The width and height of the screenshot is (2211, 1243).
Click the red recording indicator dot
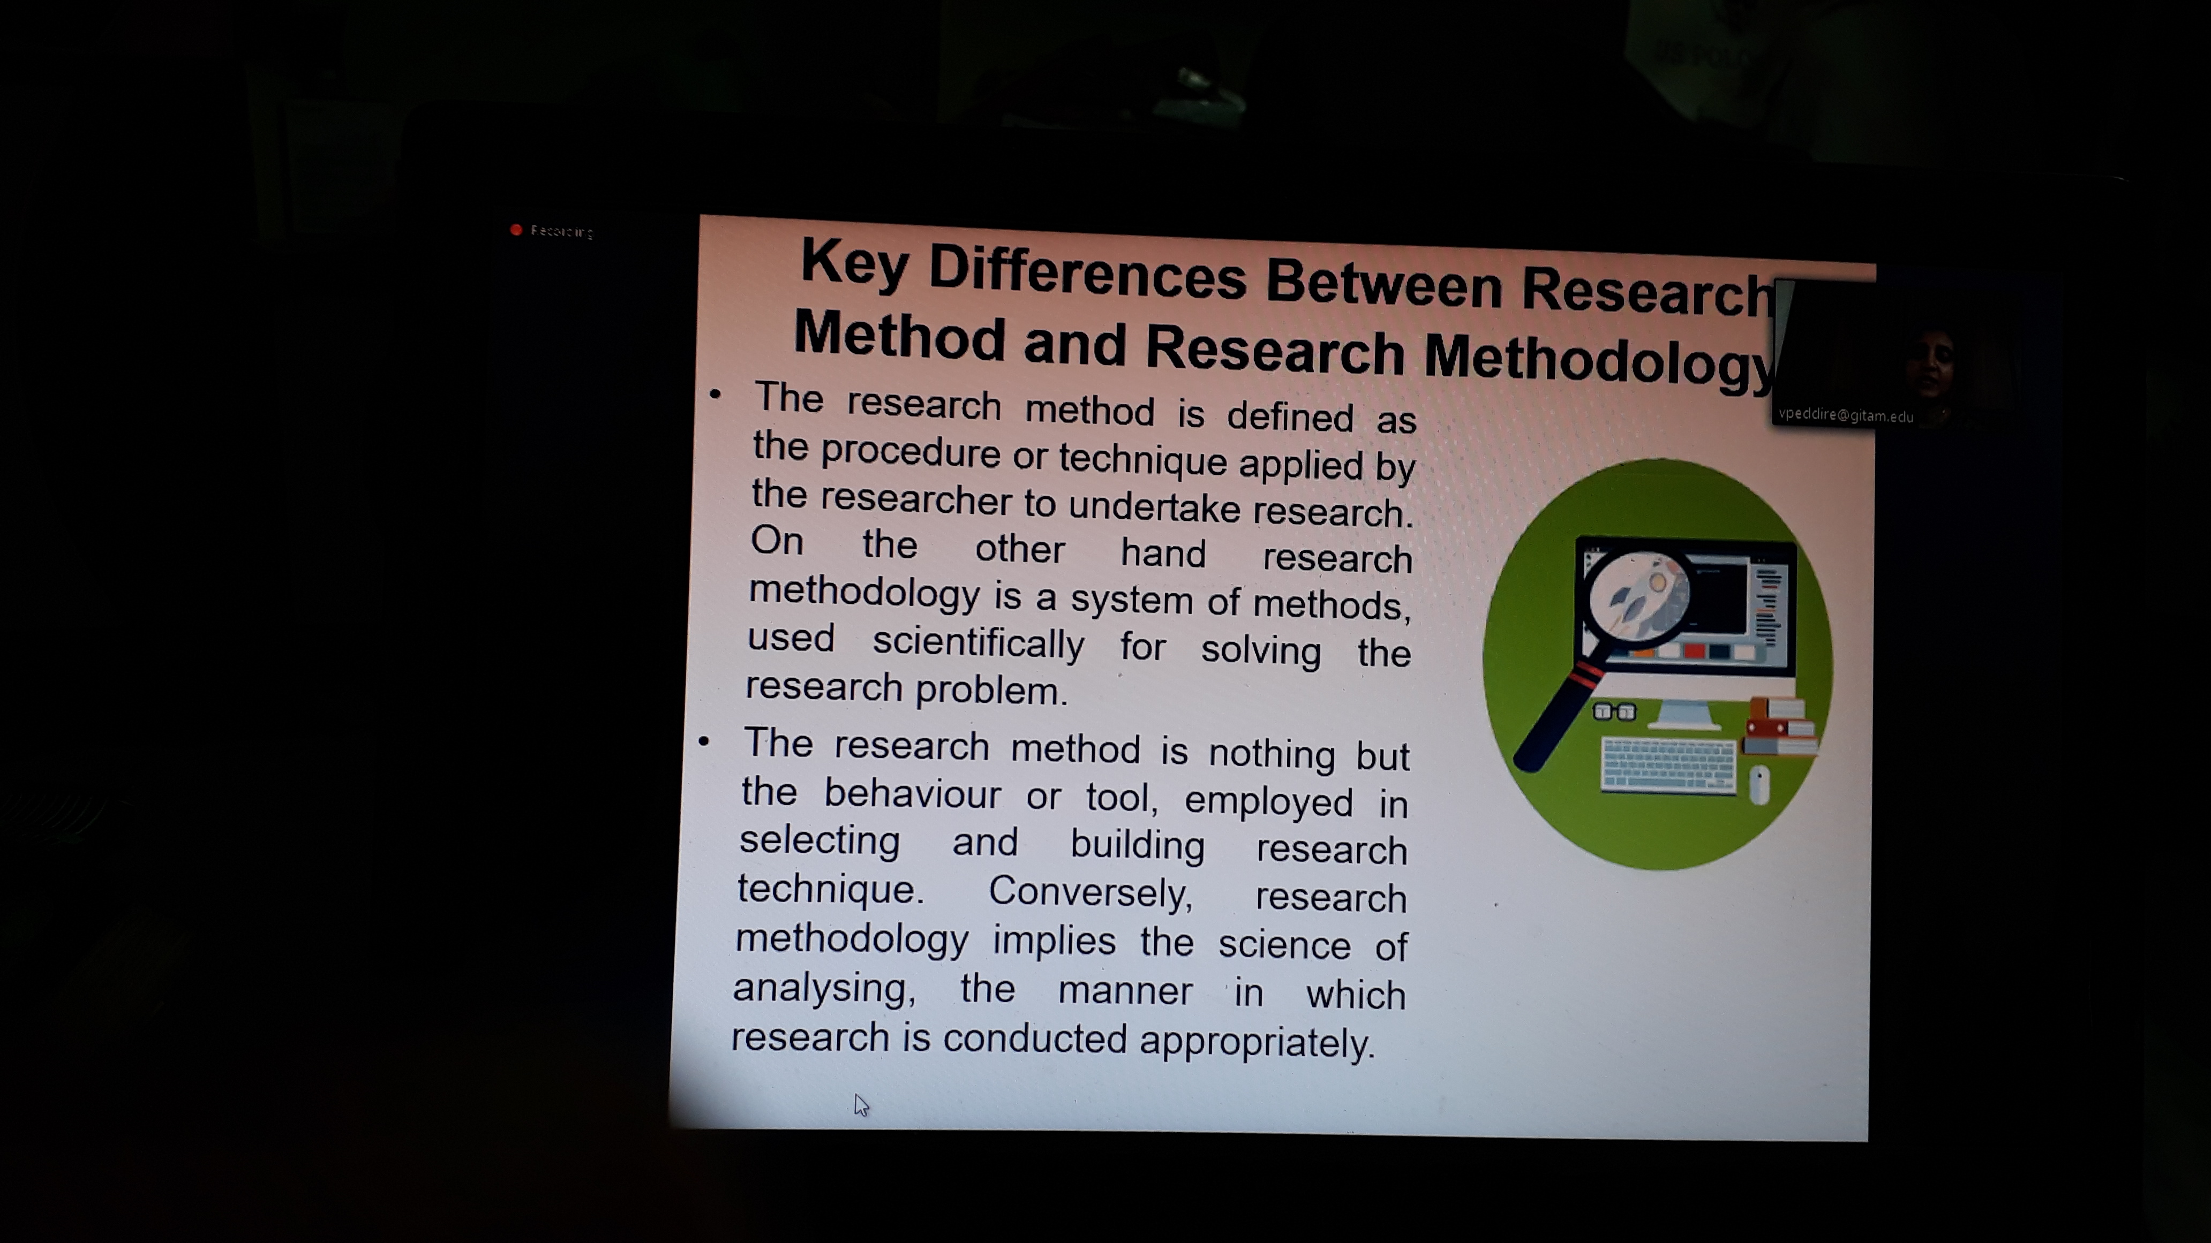(x=516, y=230)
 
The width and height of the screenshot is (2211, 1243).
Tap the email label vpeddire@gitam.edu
(x=1845, y=415)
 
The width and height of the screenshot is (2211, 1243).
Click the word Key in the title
(x=854, y=262)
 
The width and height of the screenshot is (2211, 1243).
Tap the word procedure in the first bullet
(x=911, y=453)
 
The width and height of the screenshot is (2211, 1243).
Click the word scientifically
(x=979, y=643)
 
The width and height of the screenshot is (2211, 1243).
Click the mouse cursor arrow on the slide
(x=861, y=1105)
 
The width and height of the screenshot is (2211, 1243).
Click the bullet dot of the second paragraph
(x=704, y=741)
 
